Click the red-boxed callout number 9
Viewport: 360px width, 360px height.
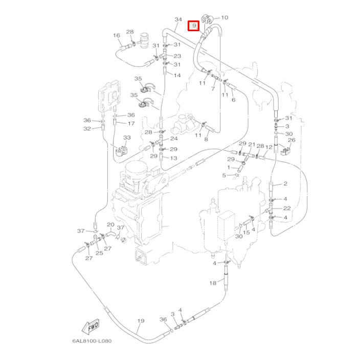point(193,26)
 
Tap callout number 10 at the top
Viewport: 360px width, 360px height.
point(224,18)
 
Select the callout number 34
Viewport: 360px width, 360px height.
point(178,20)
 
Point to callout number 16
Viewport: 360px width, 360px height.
point(117,36)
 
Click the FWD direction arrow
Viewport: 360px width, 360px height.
point(89,326)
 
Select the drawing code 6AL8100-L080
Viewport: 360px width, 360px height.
point(92,341)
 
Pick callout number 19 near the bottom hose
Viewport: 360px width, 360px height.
point(141,321)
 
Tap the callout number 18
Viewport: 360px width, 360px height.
point(213,283)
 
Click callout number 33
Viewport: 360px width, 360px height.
point(127,138)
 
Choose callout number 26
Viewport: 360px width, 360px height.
point(291,140)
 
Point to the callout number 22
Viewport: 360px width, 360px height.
point(287,208)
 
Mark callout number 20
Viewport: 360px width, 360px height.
point(110,225)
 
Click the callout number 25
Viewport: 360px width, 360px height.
point(99,253)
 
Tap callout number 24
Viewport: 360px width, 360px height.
point(174,139)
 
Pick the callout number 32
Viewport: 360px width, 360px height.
point(87,128)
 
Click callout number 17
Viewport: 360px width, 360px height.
point(131,123)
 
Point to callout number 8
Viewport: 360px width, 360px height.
point(206,139)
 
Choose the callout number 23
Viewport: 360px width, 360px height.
point(177,56)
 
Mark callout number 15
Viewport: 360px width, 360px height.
point(246,232)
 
